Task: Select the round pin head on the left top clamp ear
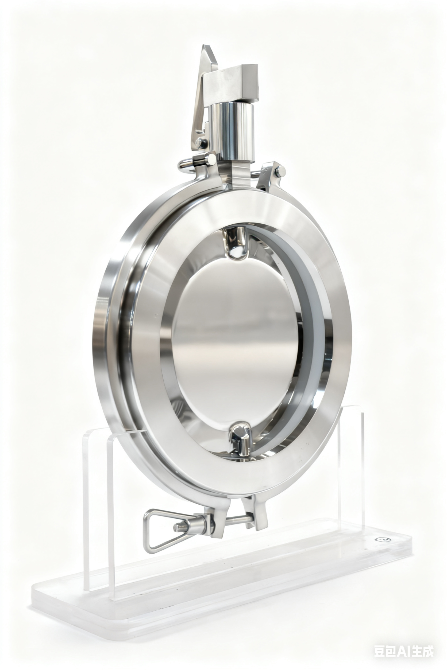point(211,160)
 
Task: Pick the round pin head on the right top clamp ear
point(280,171)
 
